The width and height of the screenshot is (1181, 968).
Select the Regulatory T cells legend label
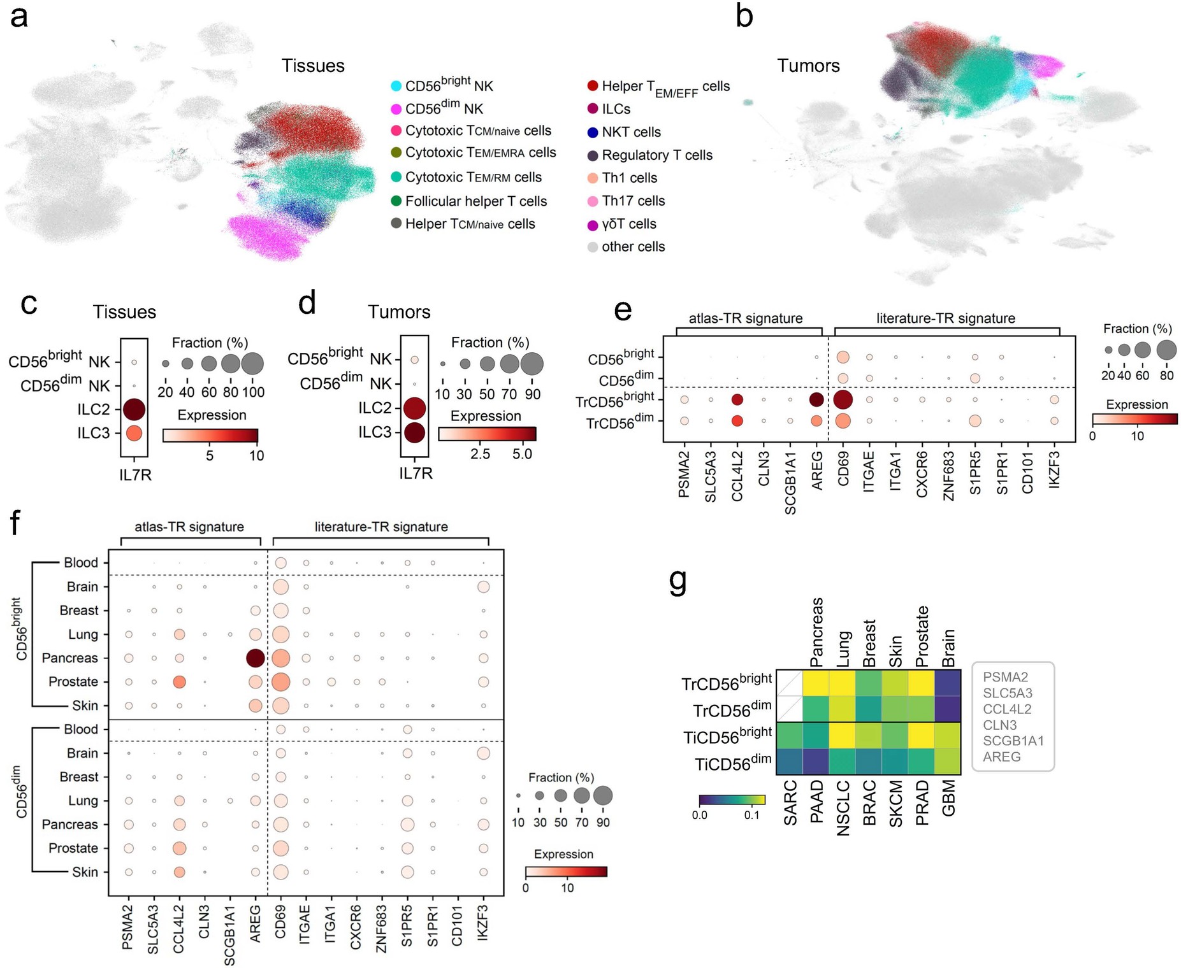point(656,155)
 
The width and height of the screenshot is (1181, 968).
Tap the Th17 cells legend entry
point(633,201)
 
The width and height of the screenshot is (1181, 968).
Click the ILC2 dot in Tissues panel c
point(134,409)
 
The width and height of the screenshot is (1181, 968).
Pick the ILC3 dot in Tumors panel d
point(414,432)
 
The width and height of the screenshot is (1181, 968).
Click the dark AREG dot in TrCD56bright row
point(816,400)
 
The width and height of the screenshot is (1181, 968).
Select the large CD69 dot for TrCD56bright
point(843,400)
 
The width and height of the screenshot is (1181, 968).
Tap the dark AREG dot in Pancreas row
point(255,658)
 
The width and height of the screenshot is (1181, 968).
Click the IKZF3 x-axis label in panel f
point(482,923)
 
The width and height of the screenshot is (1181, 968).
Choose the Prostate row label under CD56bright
point(73,681)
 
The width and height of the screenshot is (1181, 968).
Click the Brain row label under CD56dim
point(82,753)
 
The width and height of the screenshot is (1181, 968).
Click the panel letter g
point(678,580)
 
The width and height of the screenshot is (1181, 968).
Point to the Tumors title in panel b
point(808,66)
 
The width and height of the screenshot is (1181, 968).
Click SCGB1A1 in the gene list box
point(1013,741)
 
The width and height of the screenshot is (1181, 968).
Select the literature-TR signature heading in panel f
point(380,527)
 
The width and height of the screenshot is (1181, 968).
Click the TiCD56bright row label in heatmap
point(727,737)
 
